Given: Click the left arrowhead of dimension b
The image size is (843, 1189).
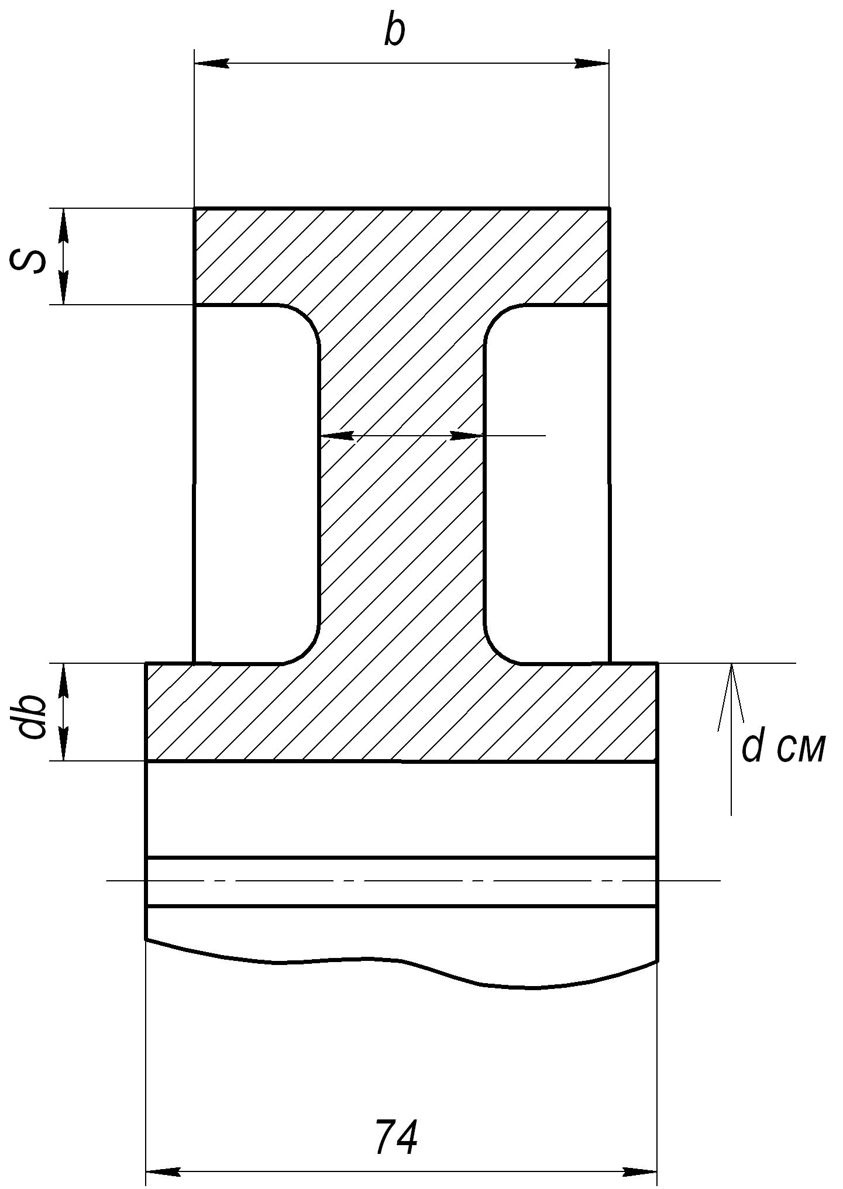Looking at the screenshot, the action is point(211,63).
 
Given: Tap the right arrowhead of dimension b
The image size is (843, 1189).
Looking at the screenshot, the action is point(591,63).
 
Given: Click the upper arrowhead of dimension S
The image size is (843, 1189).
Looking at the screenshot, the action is point(64,225).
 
